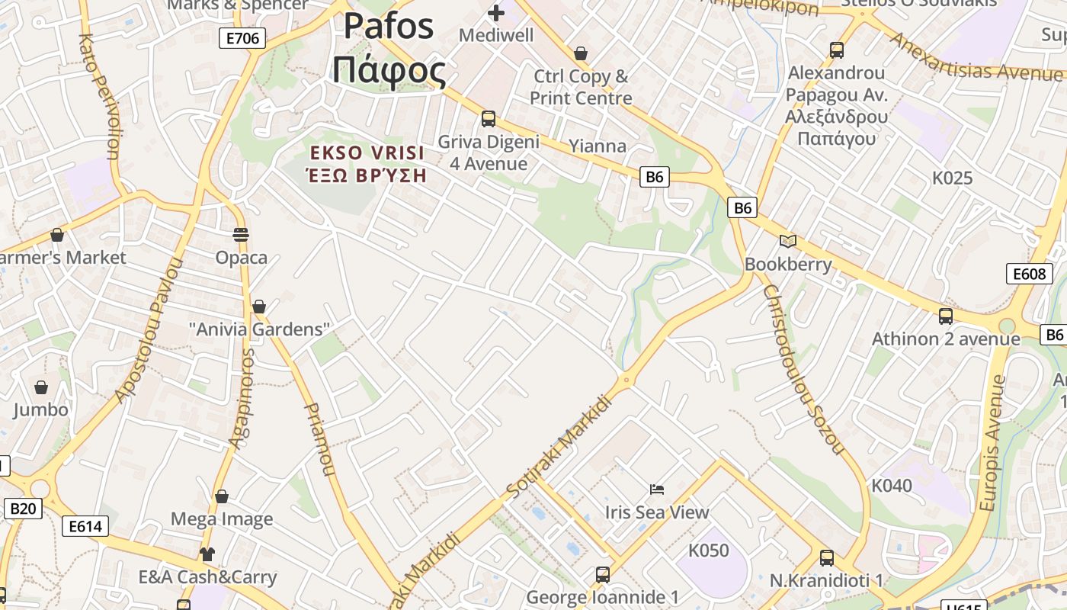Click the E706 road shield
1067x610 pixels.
(x=242, y=38)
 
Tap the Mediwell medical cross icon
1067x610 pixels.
(x=496, y=13)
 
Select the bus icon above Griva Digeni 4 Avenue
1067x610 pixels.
(x=489, y=119)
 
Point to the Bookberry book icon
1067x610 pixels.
(x=787, y=242)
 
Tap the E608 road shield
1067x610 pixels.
(x=1029, y=274)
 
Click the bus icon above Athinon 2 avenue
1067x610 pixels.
(x=946, y=316)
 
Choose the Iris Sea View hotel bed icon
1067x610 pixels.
(x=657, y=489)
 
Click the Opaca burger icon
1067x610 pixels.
(x=241, y=235)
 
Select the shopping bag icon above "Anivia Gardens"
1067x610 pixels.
(x=259, y=307)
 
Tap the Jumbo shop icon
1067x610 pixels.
(x=41, y=388)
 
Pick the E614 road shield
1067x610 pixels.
(x=85, y=525)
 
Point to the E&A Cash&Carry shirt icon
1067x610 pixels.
(x=207, y=554)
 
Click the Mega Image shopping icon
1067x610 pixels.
(x=222, y=497)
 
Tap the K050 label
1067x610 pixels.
(x=709, y=551)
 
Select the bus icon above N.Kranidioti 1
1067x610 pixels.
(x=827, y=558)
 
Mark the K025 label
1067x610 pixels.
(x=953, y=178)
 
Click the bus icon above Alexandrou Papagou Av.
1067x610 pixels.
(x=837, y=50)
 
